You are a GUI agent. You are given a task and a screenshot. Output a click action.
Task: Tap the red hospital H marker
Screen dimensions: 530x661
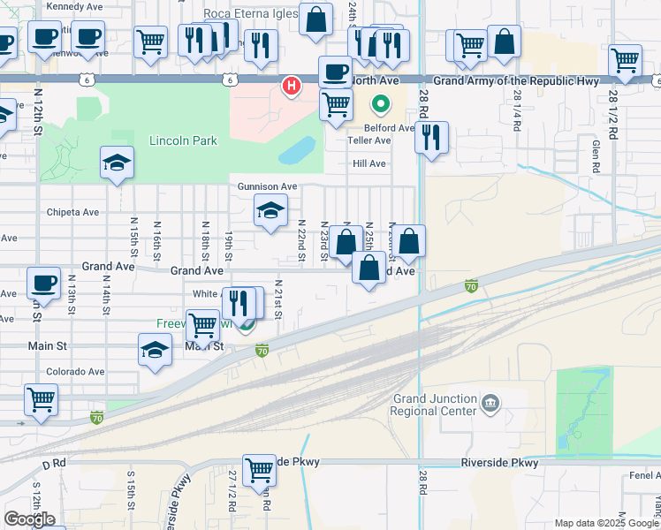(x=289, y=86)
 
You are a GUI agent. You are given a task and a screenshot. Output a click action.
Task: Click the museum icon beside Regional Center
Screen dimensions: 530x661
(x=491, y=405)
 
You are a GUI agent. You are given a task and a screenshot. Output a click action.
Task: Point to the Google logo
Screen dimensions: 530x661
(x=29, y=519)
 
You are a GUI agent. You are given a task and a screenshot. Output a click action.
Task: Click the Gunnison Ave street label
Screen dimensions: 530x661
(x=267, y=187)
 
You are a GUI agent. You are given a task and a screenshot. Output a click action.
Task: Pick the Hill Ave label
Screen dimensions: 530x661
(x=369, y=163)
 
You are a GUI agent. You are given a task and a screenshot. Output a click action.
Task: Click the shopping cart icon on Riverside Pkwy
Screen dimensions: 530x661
(x=259, y=469)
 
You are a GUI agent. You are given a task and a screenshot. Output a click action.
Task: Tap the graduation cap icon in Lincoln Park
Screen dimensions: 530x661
(x=117, y=163)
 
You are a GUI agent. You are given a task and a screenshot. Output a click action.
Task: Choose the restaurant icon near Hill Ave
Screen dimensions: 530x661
(x=430, y=137)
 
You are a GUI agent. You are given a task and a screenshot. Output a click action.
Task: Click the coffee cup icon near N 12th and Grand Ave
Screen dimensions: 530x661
(x=43, y=283)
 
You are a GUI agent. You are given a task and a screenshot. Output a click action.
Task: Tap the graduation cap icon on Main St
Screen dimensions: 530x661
(x=155, y=349)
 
